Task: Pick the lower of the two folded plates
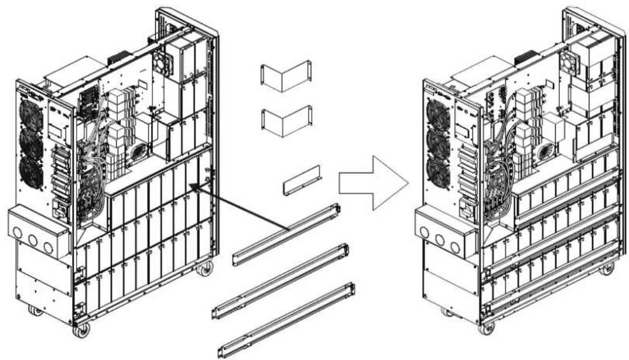pyautogui.click(x=286, y=121)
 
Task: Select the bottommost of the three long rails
pyautogui.click(x=287, y=319)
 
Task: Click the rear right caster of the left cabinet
pyautogui.click(x=205, y=269)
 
